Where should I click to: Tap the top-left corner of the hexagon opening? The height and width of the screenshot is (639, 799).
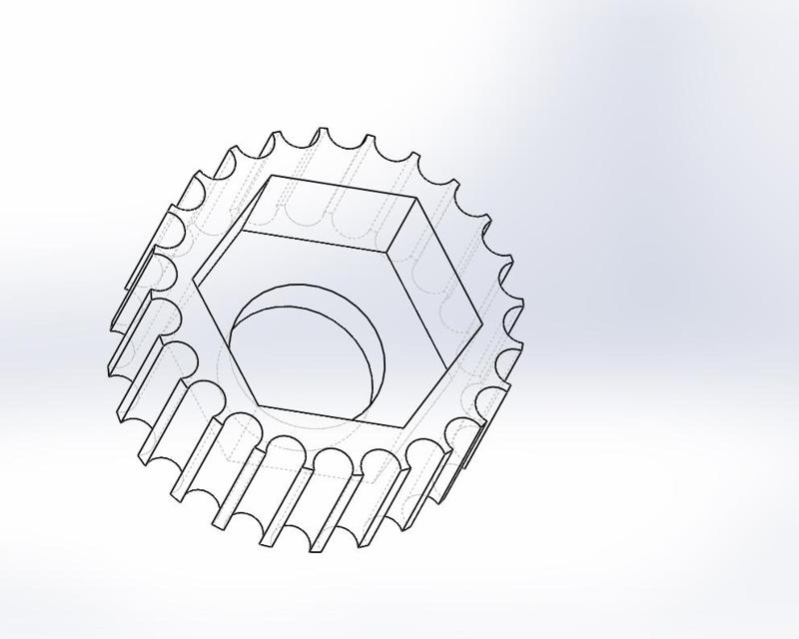click(272, 177)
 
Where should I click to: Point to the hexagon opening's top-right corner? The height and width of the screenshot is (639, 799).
click(417, 199)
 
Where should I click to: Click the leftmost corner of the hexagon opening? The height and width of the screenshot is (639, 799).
click(196, 284)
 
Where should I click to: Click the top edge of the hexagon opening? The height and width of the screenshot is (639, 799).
click(345, 188)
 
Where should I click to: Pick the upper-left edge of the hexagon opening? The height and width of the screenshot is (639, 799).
click(234, 230)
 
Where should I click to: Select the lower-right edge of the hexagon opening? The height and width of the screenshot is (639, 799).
click(447, 374)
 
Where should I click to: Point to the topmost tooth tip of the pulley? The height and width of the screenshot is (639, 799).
click(322, 129)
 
